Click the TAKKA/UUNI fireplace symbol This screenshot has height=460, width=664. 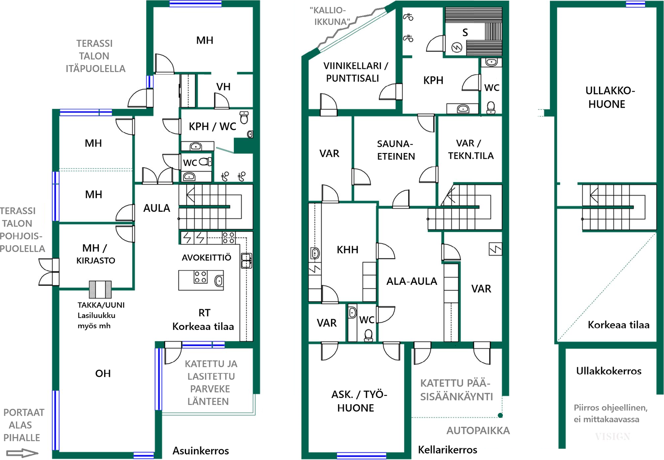click(100, 289)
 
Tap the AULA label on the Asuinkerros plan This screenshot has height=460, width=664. click(157, 208)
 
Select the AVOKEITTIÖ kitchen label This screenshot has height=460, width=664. click(206, 258)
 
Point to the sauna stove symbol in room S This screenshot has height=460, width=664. click(457, 47)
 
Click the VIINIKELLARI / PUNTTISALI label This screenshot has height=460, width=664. click(356, 72)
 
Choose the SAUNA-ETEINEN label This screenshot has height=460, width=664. click(396, 150)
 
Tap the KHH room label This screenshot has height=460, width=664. click(348, 250)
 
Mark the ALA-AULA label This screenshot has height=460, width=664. click(412, 281)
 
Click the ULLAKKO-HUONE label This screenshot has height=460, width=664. click(610, 97)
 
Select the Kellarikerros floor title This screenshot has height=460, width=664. click(448, 450)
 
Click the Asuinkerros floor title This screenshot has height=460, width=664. click(201, 451)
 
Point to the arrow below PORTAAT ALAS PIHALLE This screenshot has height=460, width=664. click(22, 453)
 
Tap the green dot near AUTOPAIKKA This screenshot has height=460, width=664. click(500, 415)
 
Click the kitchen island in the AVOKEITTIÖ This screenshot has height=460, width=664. click(201, 280)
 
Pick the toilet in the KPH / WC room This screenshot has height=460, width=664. click(244, 117)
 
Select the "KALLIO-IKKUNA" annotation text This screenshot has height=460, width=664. click(330, 16)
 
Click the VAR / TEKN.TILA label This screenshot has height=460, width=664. click(471, 149)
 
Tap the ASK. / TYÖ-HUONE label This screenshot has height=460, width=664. click(359, 401)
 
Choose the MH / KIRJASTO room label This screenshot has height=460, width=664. click(95, 254)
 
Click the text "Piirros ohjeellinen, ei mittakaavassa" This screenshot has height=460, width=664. click(610, 413)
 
